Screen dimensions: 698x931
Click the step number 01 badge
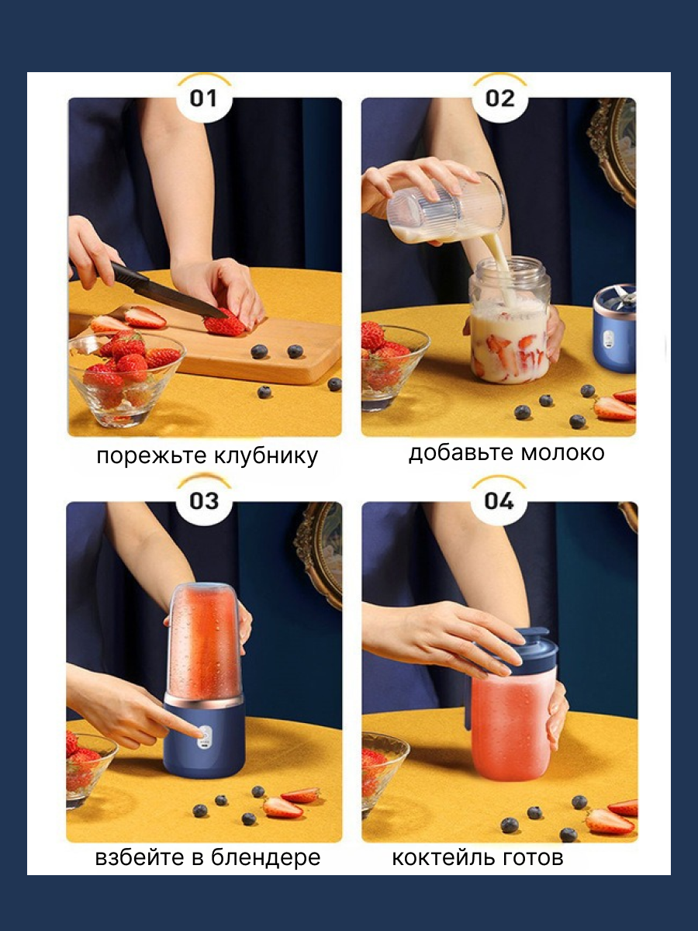203,99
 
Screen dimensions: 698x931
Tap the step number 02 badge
500,99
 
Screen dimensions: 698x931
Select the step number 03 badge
204,501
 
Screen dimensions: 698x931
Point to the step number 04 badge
499,501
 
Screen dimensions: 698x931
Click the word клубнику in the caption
266,456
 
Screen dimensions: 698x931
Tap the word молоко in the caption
562,452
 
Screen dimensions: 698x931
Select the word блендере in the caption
266,857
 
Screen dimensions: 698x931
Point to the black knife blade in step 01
170,290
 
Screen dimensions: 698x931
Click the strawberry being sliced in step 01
225,324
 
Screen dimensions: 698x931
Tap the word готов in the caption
532,857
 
